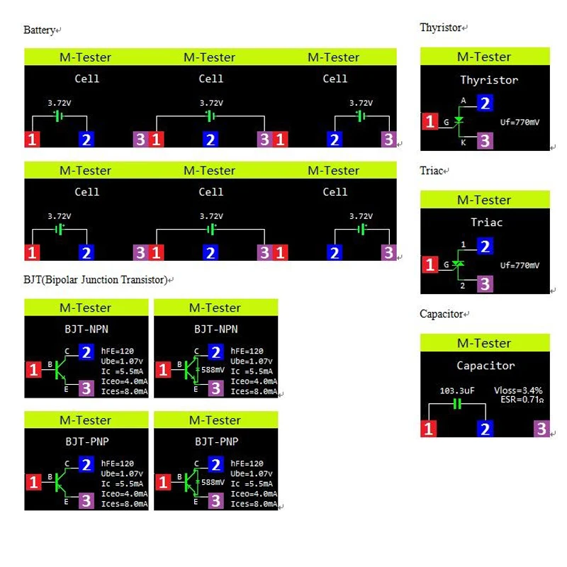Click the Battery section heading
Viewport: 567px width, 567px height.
point(39,30)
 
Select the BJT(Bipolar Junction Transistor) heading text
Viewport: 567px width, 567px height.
point(95,280)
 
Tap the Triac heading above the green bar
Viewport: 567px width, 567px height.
point(430,171)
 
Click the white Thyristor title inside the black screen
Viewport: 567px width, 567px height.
point(489,80)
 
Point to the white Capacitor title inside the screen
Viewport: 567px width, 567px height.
point(485,366)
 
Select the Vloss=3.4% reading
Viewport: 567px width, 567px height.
point(521,391)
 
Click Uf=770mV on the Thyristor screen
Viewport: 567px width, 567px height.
point(520,122)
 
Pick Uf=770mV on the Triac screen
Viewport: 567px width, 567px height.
point(520,265)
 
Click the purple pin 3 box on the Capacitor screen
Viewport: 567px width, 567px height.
point(541,428)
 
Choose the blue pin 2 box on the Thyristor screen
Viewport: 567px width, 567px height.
point(485,103)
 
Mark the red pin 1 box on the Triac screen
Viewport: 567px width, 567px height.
point(430,265)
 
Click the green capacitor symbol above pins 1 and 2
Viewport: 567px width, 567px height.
point(457,404)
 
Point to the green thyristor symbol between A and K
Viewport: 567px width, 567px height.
point(459,122)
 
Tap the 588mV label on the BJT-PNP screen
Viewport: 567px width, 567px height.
point(213,482)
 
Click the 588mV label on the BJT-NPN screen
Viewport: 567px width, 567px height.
point(213,369)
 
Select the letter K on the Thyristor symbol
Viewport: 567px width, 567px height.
point(464,142)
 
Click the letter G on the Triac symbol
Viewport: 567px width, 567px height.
point(446,264)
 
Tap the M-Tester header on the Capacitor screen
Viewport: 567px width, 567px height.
point(485,344)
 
